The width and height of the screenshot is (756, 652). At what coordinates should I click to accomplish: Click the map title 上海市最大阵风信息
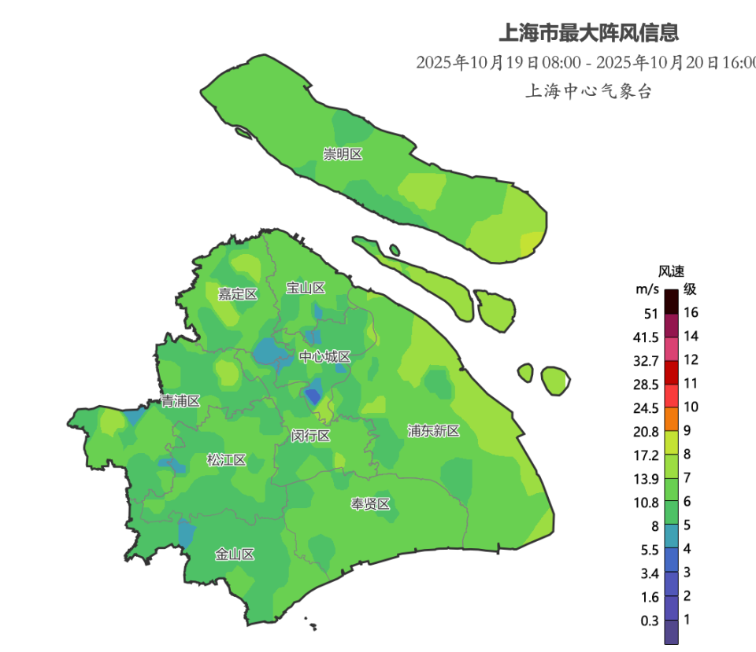tap(588, 33)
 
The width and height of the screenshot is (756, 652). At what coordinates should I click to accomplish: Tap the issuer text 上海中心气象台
tap(588, 91)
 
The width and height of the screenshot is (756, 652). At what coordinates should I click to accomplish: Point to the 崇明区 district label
tap(343, 154)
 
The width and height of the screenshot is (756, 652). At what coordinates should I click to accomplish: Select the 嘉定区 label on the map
tap(238, 294)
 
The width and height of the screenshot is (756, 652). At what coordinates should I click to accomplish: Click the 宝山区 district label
tap(306, 288)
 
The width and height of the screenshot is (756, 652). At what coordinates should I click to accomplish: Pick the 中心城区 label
tap(324, 357)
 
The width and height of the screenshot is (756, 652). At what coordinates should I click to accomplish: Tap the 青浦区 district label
tap(180, 401)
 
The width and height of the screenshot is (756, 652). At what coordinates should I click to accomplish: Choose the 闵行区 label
tap(310, 436)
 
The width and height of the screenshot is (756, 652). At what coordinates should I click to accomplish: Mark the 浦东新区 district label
tap(433, 430)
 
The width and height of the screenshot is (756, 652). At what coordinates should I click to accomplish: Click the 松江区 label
tap(227, 460)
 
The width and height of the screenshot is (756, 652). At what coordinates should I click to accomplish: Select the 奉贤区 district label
tap(370, 504)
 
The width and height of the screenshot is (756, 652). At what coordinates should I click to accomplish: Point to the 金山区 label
tap(235, 554)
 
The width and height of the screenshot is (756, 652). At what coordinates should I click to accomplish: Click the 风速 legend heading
tap(671, 271)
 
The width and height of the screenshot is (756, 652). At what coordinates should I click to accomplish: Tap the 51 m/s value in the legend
tap(650, 314)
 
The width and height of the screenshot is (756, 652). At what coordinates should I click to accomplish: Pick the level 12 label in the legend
tap(691, 360)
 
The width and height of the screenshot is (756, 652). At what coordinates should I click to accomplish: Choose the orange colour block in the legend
tap(671, 418)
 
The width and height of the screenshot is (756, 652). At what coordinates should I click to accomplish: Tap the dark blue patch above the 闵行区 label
tap(313, 396)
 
